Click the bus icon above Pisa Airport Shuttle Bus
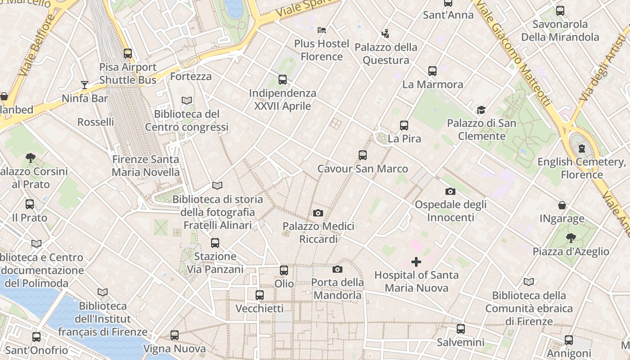(x=128, y=54)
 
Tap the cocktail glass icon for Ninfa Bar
(x=84, y=85)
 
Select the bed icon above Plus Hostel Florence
(x=322, y=30)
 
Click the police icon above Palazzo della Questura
(x=385, y=33)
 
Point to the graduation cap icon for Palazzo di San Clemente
(x=481, y=110)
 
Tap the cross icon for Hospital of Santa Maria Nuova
(x=416, y=261)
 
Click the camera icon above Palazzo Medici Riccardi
(x=318, y=213)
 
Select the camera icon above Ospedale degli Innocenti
(x=450, y=192)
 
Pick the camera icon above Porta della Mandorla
(x=337, y=270)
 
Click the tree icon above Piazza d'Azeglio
(x=571, y=238)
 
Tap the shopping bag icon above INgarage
(x=562, y=206)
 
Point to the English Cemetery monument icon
(x=582, y=148)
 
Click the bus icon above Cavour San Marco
(x=363, y=155)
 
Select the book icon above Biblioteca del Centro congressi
(x=187, y=100)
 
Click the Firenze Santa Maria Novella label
(x=145, y=166)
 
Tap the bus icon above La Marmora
(x=432, y=71)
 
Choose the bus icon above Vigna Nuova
(x=175, y=335)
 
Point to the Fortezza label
(x=191, y=76)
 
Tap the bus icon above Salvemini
(x=460, y=329)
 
